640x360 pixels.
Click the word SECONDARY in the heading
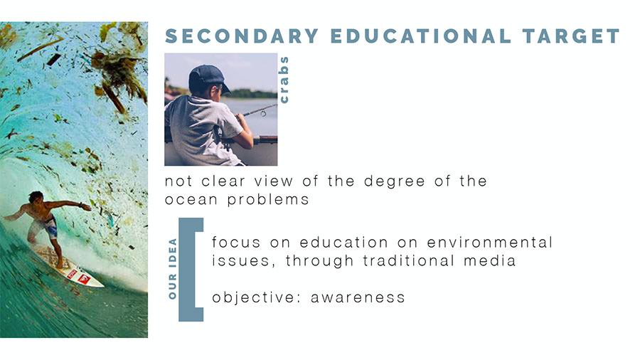coord(242,36)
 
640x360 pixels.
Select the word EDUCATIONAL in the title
coord(420,36)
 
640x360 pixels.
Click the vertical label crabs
coord(283,80)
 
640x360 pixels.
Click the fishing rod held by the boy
coord(260,110)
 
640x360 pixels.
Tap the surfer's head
coord(36,198)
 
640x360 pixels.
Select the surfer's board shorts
coord(46,226)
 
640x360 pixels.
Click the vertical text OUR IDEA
coord(173,269)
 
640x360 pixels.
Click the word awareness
coord(358,297)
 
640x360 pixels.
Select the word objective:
coord(257,298)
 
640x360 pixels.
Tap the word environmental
coord(489,242)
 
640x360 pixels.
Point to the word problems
coord(268,200)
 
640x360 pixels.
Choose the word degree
coord(394,181)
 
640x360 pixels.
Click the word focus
coord(236,242)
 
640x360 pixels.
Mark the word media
coord(489,260)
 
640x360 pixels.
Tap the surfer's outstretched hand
coord(85,207)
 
